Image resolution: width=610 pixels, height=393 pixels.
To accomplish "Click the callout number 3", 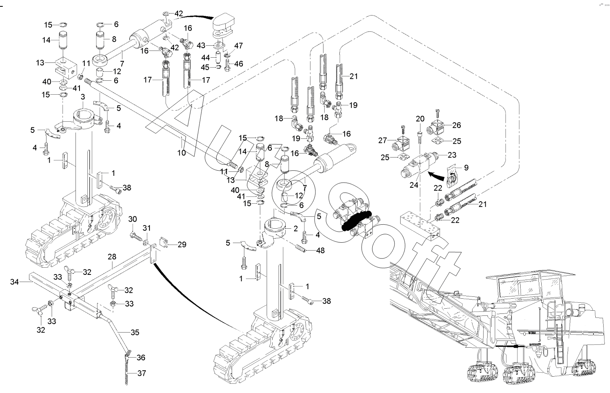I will click(83, 97).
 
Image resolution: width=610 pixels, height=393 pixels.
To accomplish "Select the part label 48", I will click(320, 250).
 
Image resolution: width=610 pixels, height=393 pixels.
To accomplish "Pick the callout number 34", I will click(15, 282).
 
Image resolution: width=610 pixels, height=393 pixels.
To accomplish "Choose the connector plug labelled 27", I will click(403, 143).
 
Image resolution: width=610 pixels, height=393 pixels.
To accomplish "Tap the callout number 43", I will click(201, 46).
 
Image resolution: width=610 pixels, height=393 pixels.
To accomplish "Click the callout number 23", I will click(452, 155).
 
